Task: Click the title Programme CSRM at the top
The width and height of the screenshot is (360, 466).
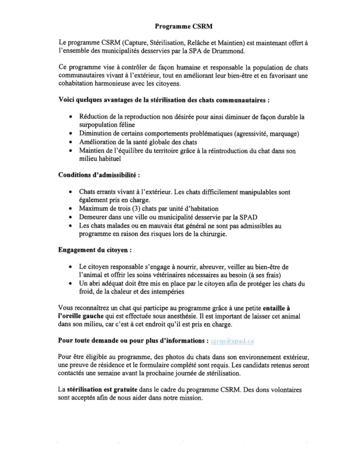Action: (180, 26)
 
